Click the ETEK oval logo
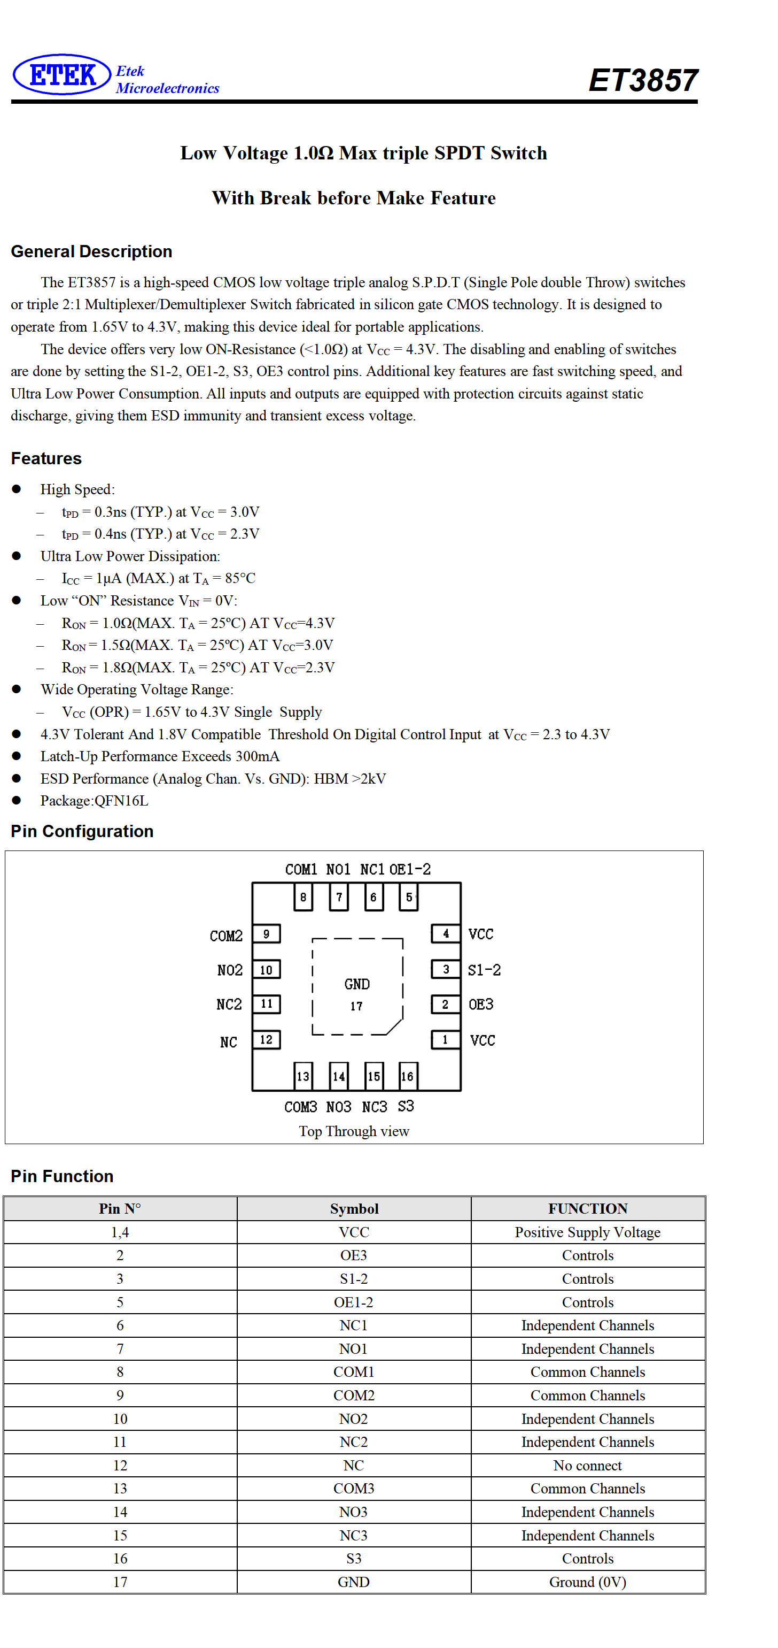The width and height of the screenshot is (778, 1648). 62,75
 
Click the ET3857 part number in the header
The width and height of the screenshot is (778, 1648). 643,81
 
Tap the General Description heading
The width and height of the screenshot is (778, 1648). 91,251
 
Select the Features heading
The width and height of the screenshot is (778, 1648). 46,459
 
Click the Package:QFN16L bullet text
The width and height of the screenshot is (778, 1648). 94,801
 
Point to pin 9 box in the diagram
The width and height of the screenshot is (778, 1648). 267,934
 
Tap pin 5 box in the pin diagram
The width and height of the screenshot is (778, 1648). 408,897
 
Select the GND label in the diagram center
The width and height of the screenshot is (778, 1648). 357,984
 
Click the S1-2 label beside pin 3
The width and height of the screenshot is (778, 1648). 484,970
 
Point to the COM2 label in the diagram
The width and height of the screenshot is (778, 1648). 227,936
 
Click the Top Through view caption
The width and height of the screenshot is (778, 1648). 354,1131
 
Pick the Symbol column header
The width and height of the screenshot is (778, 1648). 354,1208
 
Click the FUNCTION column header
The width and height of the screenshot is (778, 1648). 587,1208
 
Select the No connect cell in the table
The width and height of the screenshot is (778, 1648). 587,1465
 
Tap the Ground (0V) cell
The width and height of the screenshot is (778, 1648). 587,1582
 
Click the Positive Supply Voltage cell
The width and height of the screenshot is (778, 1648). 587,1232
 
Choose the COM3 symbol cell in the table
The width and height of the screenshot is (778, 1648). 354,1489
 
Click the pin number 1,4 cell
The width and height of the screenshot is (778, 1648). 120,1232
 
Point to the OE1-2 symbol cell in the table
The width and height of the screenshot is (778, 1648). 354,1302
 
